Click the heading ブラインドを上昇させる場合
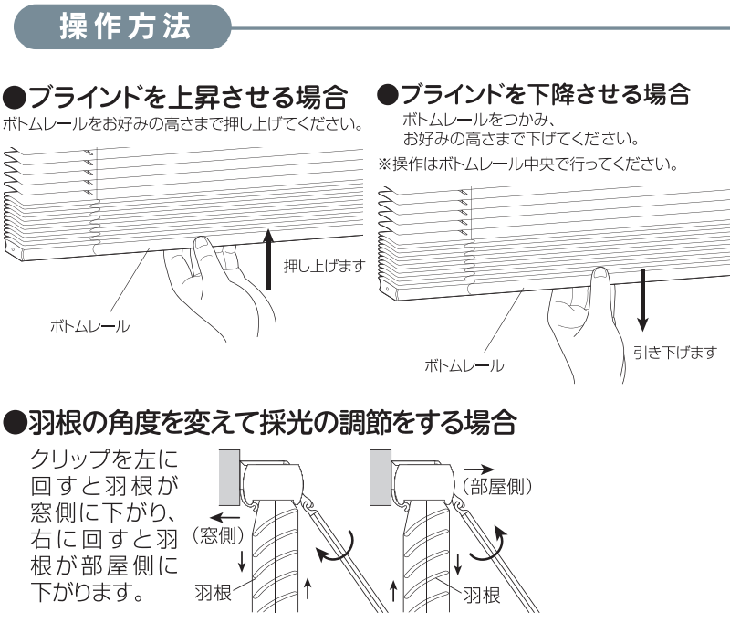coord(176,96)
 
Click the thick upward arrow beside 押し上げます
coord(269,260)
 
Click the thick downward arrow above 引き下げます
coord(643,299)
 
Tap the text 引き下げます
coord(674,353)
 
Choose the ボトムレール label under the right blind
coord(464,365)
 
